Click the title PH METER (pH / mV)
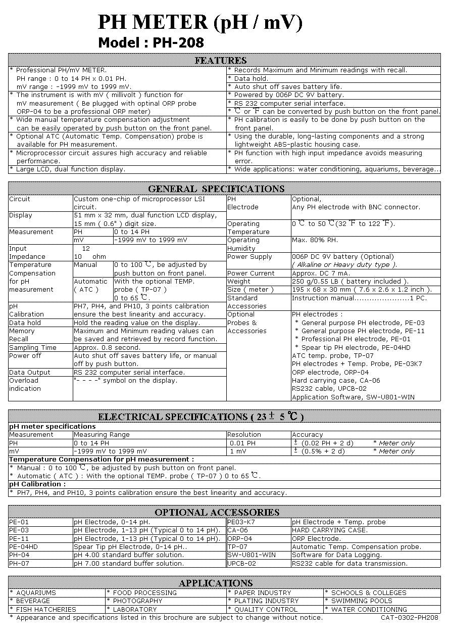coord(200,23)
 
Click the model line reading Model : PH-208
coord(151,42)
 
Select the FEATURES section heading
coord(221,61)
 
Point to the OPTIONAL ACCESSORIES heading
coord(217,512)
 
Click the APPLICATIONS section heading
coord(216,583)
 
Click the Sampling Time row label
coord(33,347)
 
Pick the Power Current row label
coord(251,273)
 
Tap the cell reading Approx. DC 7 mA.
coord(321,273)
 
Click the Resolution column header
coord(244,434)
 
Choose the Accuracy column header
coord(307,434)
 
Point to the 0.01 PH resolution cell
coord(243,443)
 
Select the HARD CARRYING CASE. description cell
coord(330,530)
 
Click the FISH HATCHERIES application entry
coord(43,609)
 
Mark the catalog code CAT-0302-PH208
coord(410,617)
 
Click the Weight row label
coord(239,281)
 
